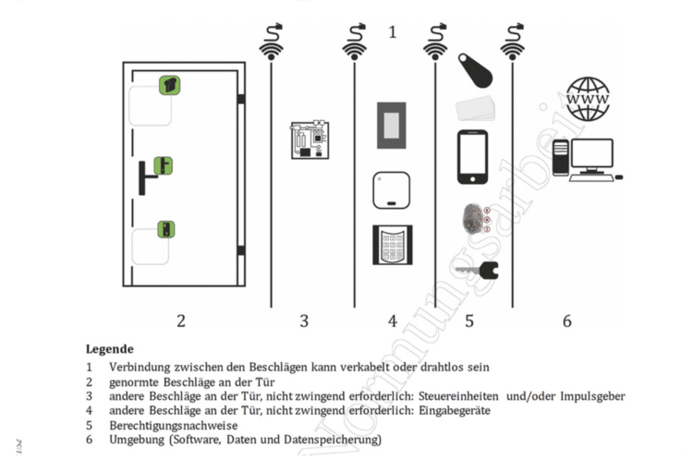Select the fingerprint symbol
point(472,219)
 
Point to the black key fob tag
point(476,68)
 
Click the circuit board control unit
point(310,139)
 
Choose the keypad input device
point(392,245)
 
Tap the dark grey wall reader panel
point(392,121)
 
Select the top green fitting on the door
point(169,85)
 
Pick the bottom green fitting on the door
point(165,229)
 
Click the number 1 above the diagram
point(392,32)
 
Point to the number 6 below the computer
point(566,321)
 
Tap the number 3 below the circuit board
point(303,321)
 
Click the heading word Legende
point(110,349)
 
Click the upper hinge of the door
point(240,99)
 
